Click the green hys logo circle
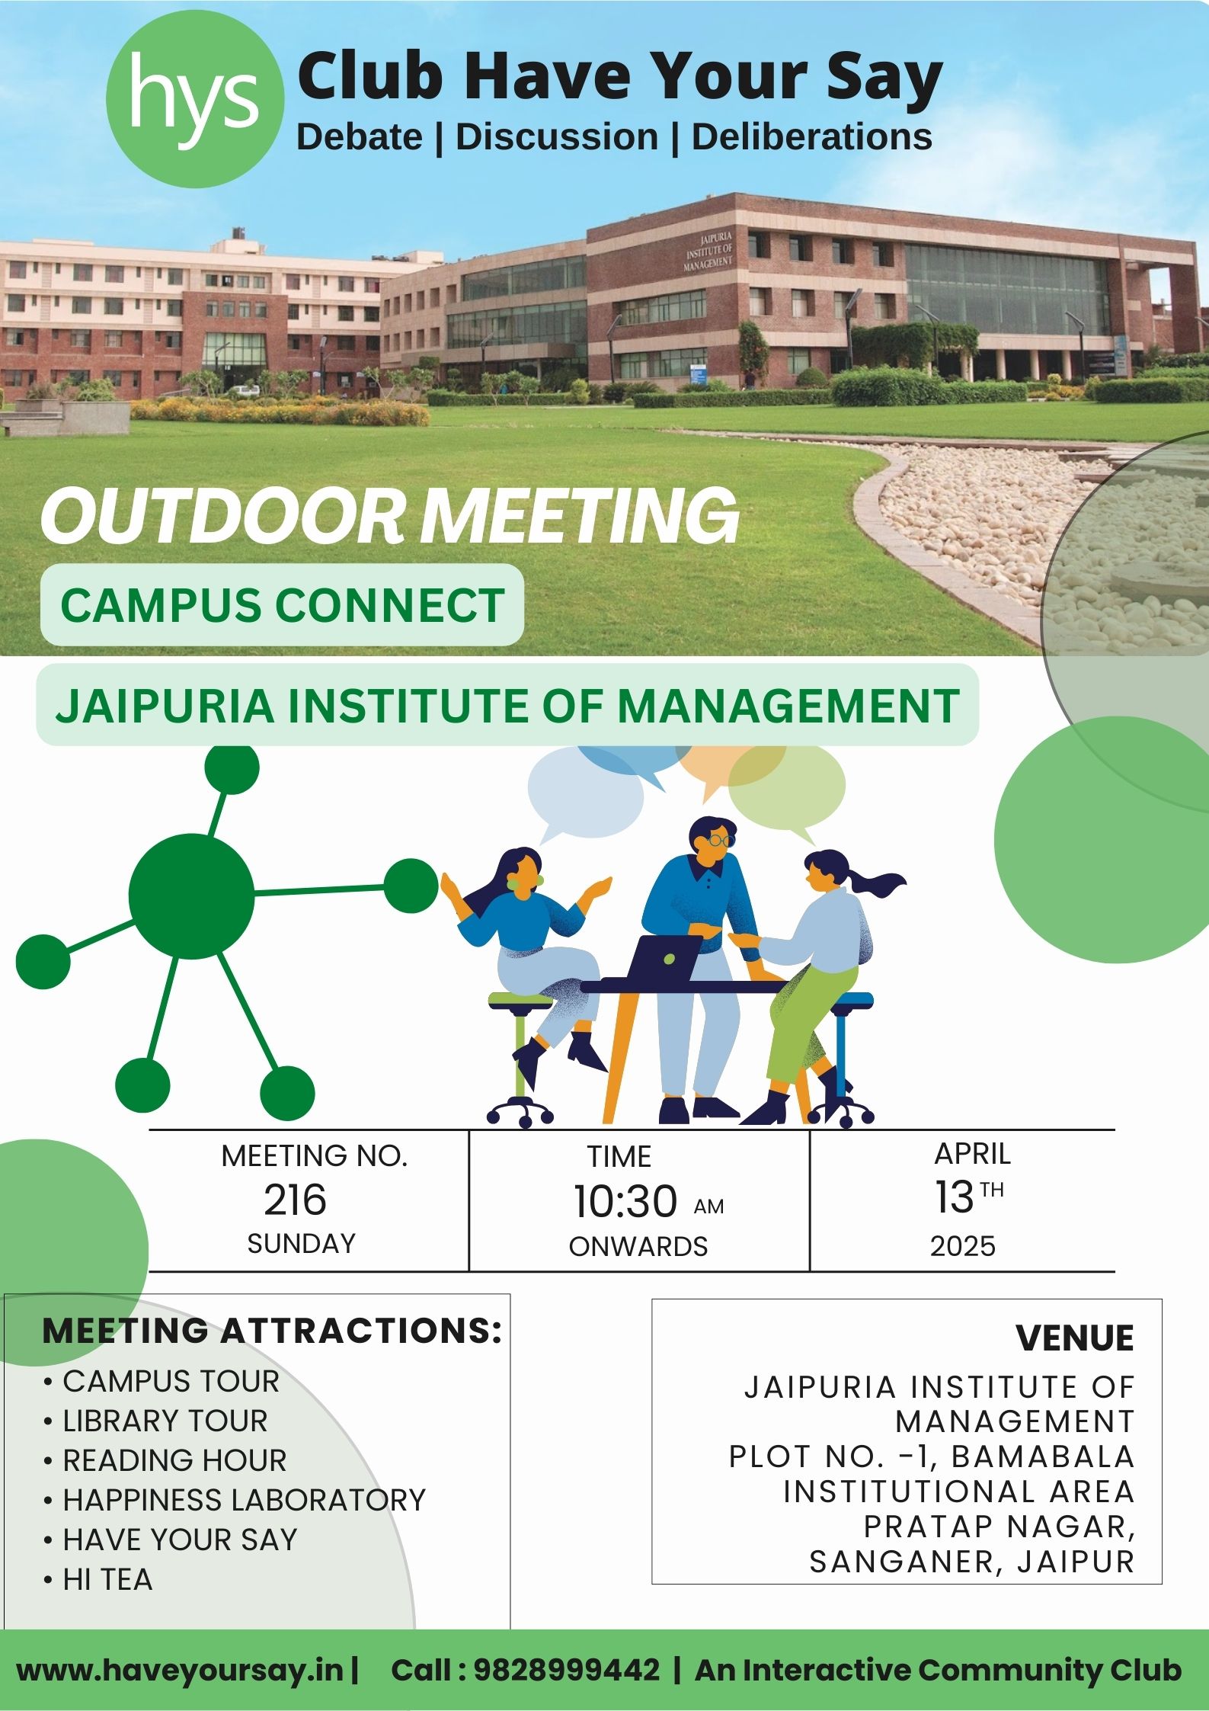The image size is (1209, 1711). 195,99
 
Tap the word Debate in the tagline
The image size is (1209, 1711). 360,137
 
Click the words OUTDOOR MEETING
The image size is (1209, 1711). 390,516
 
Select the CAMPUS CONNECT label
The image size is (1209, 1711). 283,605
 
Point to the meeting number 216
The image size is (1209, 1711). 296,1200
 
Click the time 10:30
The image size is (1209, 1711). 625,1201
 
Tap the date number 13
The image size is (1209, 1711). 955,1197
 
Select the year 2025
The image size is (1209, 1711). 963,1246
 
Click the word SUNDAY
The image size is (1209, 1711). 302,1244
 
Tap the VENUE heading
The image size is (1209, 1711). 1074,1338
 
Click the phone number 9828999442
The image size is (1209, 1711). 567,1669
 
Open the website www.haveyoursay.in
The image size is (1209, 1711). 180,1670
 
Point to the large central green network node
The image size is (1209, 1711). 191,896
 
